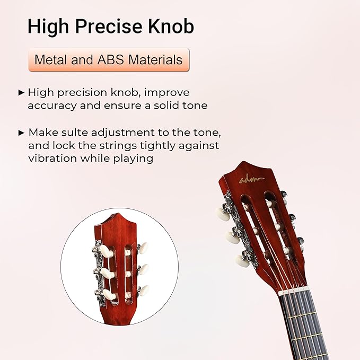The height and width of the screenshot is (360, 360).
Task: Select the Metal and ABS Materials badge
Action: [108, 60]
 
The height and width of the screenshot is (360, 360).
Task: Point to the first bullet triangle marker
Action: [21, 92]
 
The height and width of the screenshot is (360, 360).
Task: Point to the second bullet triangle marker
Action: [21, 132]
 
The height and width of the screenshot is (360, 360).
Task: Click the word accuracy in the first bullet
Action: [50, 106]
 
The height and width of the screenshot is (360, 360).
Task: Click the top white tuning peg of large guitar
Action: [222, 214]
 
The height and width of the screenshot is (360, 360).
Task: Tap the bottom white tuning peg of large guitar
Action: [242, 260]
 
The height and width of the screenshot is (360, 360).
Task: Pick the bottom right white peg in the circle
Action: [143, 290]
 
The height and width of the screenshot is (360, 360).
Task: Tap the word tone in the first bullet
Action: [195, 106]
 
